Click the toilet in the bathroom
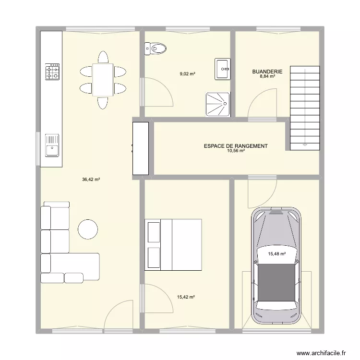(156, 48)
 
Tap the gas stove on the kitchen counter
(52, 72)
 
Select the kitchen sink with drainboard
(52, 145)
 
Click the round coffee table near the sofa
(88, 229)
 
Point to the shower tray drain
(225, 104)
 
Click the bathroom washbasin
(222, 69)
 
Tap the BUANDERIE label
(267, 72)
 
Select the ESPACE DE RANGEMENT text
(236, 146)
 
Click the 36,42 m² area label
(91, 180)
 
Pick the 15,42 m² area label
(186, 297)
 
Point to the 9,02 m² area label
(187, 74)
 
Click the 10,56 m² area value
(236, 151)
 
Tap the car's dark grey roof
(276, 282)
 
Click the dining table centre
(103, 80)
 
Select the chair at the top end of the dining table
(103, 57)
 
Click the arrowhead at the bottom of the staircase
(305, 145)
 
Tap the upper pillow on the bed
(154, 232)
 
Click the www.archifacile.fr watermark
(321, 353)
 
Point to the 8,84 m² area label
(267, 76)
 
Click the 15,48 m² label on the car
(277, 254)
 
